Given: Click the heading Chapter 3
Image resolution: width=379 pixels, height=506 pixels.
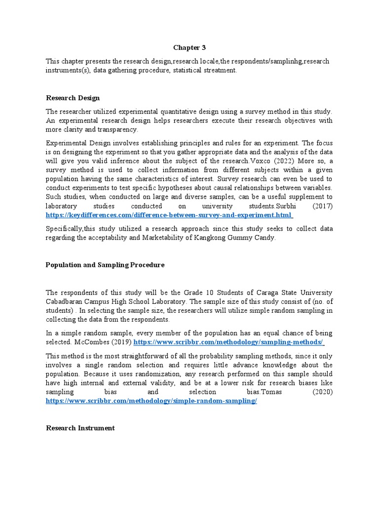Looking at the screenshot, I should click(x=189, y=47).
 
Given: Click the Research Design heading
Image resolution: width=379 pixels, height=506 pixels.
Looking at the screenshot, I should click(x=73, y=98).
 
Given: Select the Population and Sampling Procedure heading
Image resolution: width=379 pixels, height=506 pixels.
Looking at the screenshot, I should click(x=105, y=265).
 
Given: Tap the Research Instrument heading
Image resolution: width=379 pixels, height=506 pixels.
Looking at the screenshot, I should click(x=80, y=428).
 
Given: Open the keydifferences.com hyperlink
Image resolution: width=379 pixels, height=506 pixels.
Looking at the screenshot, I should click(x=169, y=215).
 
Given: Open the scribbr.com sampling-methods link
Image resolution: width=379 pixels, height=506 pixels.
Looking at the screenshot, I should click(x=228, y=342).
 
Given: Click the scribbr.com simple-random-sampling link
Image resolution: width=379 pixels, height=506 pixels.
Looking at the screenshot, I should click(x=152, y=401).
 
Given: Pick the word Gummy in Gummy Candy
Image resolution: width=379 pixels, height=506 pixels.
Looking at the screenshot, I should click(x=245, y=238).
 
